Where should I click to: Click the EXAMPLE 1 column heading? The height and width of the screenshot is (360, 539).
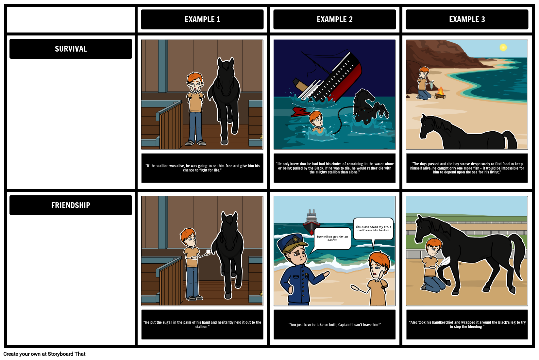coord(202,20)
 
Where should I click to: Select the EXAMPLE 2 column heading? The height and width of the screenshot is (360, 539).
coord(335,20)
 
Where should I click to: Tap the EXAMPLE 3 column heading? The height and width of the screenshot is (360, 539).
coord(467,20)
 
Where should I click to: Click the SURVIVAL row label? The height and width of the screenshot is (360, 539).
coord(71,49)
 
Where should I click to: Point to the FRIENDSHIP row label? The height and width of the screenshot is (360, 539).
coord(71,205)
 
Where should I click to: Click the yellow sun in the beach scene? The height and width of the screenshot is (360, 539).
coord(503,48)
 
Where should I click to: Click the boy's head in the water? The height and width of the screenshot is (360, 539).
coord(316,118)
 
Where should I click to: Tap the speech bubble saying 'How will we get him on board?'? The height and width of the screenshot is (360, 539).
coord(332,238)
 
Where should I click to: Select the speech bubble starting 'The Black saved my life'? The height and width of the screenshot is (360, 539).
coord(373,229)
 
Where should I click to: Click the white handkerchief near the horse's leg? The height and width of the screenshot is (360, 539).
coord(445,261)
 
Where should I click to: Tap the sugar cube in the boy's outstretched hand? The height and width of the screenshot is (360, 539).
coord(208,252)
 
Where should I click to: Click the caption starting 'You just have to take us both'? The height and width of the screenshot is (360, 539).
coord(335,324)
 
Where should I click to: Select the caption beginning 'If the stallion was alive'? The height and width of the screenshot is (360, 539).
coord(202,168)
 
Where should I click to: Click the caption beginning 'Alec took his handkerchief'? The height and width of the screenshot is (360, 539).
coord(467,324)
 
